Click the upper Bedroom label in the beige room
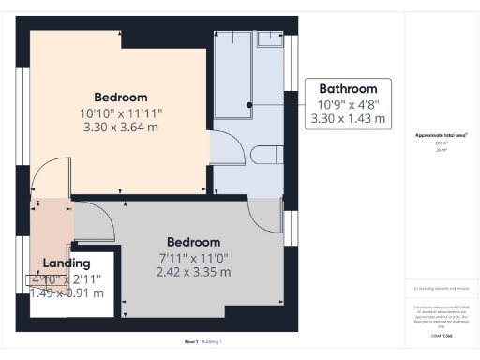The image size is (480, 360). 120,97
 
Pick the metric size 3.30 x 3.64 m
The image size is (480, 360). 120,127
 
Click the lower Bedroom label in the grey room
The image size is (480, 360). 193,242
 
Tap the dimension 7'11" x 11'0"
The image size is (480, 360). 193,257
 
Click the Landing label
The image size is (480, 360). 67,263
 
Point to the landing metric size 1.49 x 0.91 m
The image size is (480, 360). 67,292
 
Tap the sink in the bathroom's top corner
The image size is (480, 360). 269,38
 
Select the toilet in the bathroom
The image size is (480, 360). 267,156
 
